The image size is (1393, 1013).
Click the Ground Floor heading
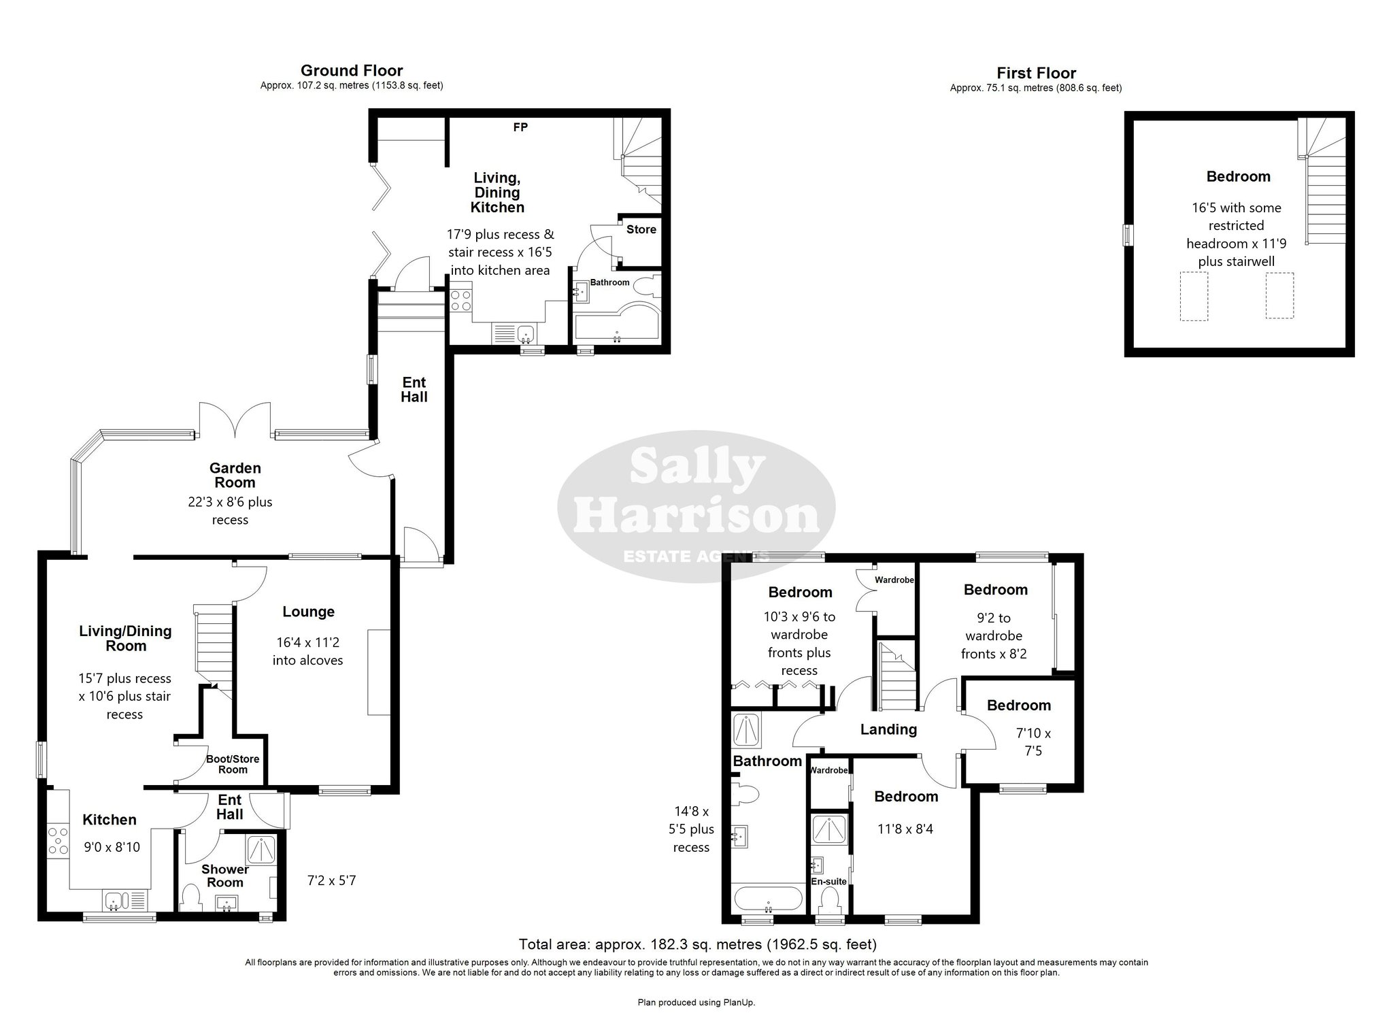[x=352, y=71]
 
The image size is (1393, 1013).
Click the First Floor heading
[x=1037, y=73]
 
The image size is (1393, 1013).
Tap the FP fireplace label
[x=520, y=127]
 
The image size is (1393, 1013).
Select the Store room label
[x=641, y=229]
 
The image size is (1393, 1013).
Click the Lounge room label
[x=309, y=612]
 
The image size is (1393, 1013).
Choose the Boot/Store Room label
[x=233, y=764]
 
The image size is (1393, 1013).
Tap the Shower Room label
[x=225, y=876]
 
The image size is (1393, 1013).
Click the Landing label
[x=888, y=729]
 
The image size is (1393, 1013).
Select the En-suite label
[x=829, y=881]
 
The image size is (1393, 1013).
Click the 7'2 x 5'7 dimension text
[x=331, y=880]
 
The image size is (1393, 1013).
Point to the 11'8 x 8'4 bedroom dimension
[x=906, y=829]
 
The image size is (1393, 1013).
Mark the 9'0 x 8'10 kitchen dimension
[x=112, y=847]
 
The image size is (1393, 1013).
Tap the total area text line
[x=697, y=944]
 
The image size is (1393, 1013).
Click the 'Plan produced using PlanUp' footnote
[x=696, y=1002]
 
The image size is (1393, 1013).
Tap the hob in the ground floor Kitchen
[x=58, y=841]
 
